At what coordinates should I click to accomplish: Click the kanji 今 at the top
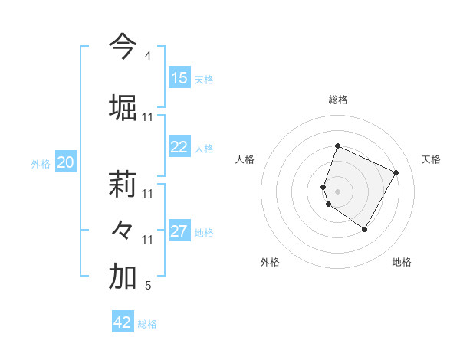[x=123, y=47]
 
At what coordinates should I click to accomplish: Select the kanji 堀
[x=123, y=106]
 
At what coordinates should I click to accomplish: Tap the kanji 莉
[x=123, y=185]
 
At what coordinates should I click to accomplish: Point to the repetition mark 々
[x=123, y=231]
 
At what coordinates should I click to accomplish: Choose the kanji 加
[x=123, y=277]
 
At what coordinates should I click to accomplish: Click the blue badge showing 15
[x=179, y=78]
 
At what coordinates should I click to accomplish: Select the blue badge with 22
[x=179, y=148]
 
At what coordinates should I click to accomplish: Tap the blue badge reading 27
[x=179, y=232]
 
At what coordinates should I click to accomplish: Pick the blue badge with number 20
[x=66, y=162]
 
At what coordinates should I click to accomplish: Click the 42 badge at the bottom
[x=123, y=322]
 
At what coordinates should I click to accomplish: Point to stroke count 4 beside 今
[x=147, y=56]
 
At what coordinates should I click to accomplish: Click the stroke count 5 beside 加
[x=147, y=286]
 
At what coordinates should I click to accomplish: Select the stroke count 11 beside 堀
[x=148, y=117]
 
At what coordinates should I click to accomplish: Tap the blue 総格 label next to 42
[x=147, y=324]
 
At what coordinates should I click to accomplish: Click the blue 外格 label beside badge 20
[x=41, y=163]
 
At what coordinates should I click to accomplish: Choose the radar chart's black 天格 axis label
[x=431, y=159]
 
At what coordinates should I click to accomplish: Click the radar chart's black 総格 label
[x=337, y=100]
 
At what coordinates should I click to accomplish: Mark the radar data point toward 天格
[x=396, y=172]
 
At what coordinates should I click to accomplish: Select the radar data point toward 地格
[x=365, y=229]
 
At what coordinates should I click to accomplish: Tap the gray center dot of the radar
[x=337, y=191]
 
